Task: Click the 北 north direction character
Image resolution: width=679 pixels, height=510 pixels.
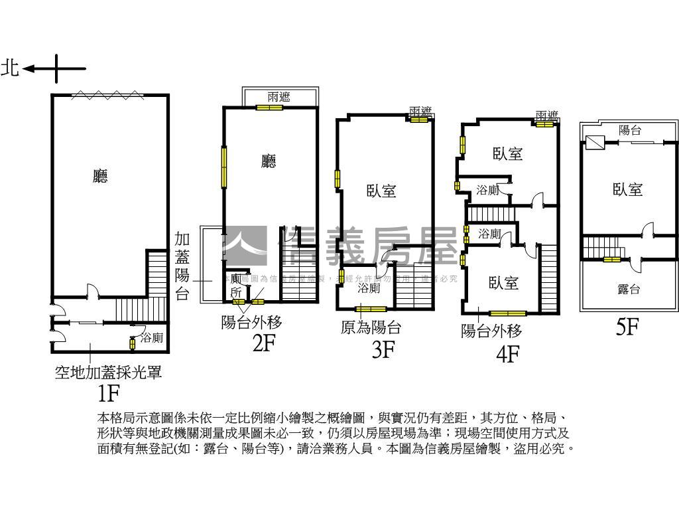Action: coord(11,68)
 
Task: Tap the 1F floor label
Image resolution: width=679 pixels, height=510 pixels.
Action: coord(108,393)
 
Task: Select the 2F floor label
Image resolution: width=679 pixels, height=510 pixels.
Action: coord(263,344)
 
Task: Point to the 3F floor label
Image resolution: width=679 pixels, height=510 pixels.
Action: coord(383,349)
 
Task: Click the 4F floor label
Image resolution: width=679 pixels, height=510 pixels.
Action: coord(507,355)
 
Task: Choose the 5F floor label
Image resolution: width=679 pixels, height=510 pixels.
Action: coord(627,327)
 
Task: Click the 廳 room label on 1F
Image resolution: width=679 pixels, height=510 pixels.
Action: coord(100,176)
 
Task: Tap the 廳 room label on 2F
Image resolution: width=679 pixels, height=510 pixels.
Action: coord(269,161)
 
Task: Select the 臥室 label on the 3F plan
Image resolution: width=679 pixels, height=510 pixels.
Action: coord(381,191)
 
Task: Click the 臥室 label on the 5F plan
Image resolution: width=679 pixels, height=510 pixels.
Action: coord(627,189)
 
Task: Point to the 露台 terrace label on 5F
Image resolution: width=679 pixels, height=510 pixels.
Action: coord(628,289)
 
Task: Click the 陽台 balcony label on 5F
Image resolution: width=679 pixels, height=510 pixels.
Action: coord(629,131)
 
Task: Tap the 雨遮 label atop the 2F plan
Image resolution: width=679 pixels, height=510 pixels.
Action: coord(278,97)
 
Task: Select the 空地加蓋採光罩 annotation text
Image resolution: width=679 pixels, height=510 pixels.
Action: coord(108,373)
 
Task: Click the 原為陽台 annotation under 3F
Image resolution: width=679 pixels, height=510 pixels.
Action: coord(371,327)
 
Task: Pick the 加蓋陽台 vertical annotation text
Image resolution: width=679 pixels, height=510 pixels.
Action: coord(182,266)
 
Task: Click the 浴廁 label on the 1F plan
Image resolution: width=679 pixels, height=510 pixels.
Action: coord(152,338)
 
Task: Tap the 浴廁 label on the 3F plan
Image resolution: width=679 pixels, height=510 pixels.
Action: coord(369,288)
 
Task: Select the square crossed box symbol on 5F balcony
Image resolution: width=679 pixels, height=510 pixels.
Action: coord(595,141)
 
